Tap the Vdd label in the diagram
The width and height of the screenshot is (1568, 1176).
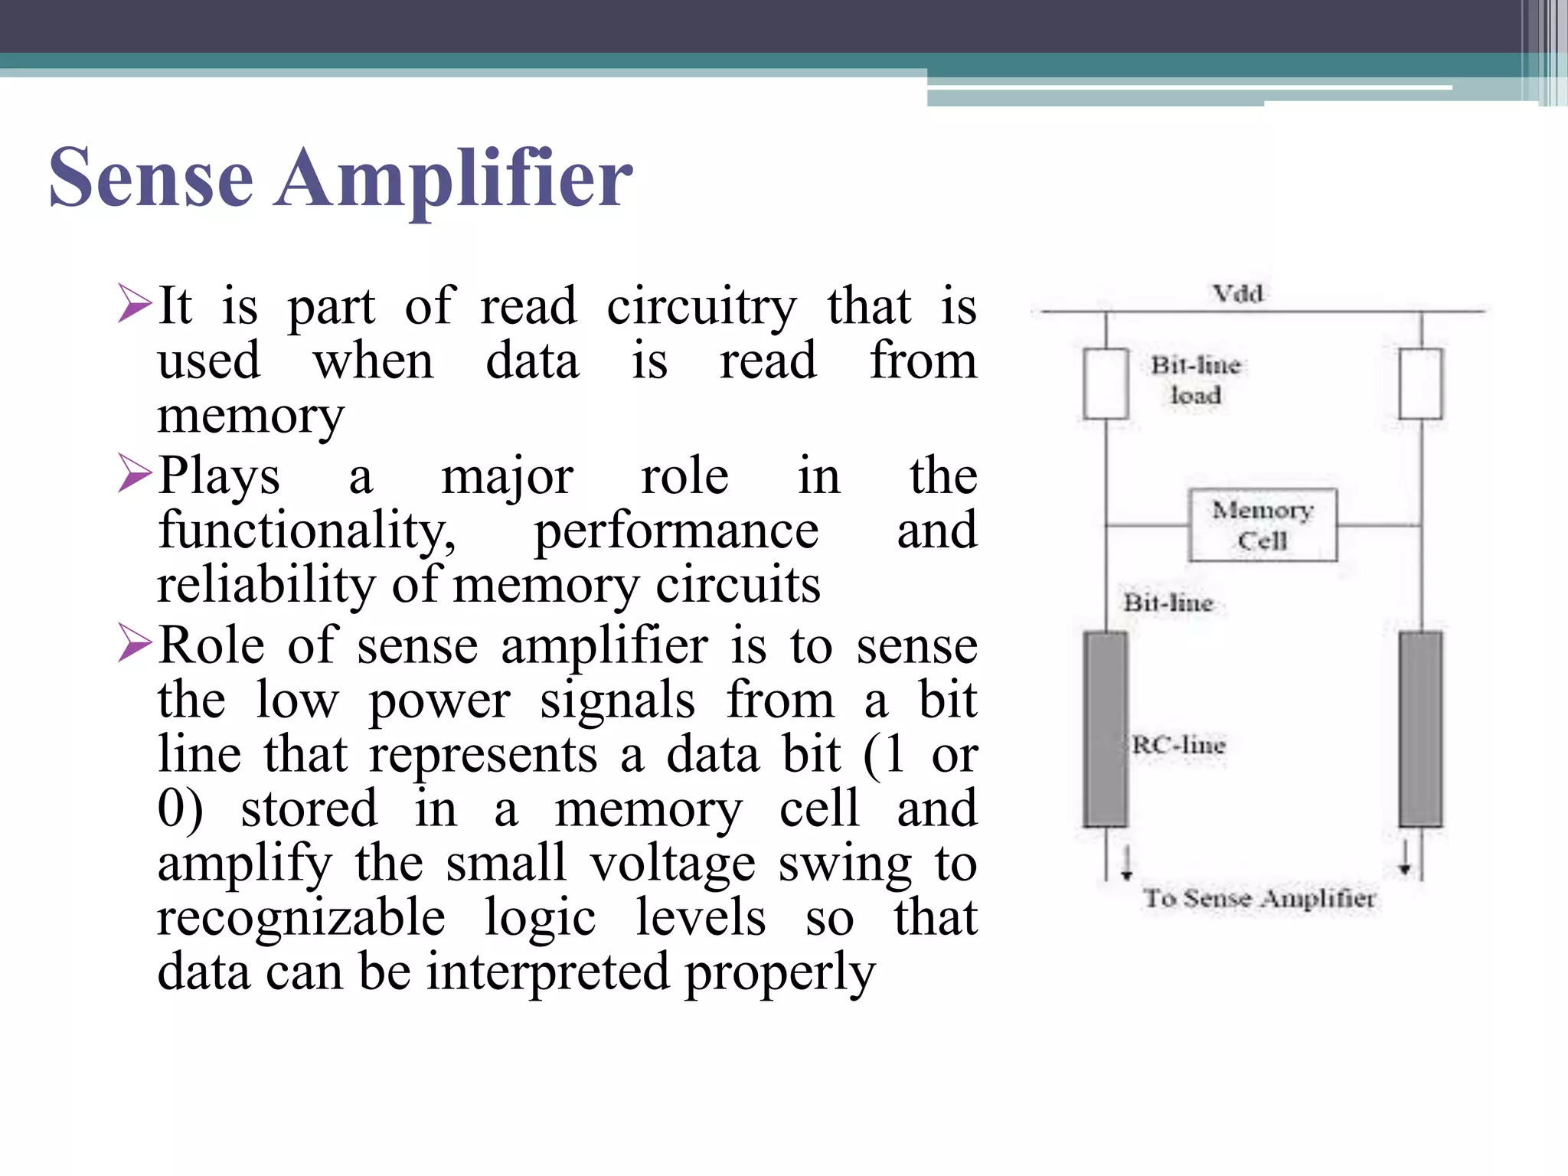tap(1237, 293)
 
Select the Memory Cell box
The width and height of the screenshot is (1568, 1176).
tap(1263, 525)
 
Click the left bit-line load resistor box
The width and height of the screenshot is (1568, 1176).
tap(1106, 384)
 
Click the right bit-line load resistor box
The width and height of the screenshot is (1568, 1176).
tap(1420, 384)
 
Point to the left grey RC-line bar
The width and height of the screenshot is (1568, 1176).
tap(1105, 729)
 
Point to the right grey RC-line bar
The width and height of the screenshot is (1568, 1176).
tap(1420, 729)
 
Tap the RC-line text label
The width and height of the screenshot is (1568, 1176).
tap(1179, 744)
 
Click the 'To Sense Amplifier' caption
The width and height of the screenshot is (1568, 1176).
tap(1259, 898)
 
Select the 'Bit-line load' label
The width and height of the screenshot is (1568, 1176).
tap(1195, 380)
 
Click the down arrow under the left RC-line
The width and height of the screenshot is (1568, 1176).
tap(1126, 864)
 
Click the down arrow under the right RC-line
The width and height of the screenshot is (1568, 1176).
tap(1405, 859)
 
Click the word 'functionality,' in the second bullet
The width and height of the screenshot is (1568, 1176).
tap(307, 531)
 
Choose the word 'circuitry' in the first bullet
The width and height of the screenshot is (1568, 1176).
tap(701, 307)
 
